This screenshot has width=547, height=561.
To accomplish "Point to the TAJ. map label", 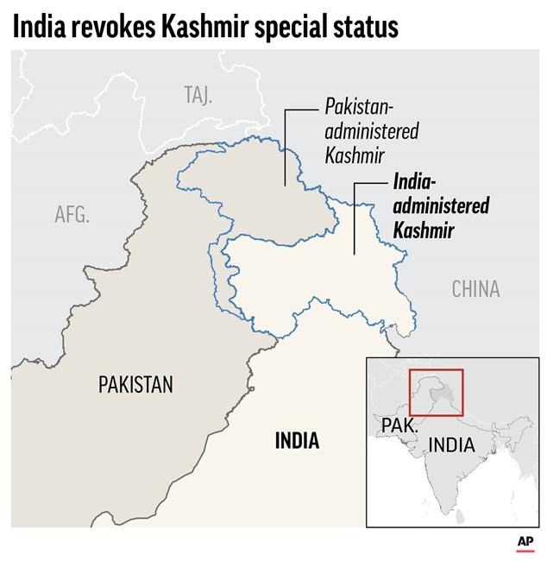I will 198,94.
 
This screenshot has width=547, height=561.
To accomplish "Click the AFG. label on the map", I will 72,214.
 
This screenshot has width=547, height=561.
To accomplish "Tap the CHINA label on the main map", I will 475,288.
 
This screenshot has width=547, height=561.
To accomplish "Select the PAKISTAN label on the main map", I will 135,384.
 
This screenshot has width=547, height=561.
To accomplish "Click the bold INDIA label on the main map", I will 297,441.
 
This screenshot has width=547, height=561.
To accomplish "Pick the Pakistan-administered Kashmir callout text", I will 372,132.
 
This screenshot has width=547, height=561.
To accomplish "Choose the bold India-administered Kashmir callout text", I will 440,206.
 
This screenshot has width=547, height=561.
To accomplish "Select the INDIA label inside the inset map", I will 451,445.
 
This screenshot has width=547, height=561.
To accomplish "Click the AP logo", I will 525,541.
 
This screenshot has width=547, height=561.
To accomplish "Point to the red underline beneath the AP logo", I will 525,551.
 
